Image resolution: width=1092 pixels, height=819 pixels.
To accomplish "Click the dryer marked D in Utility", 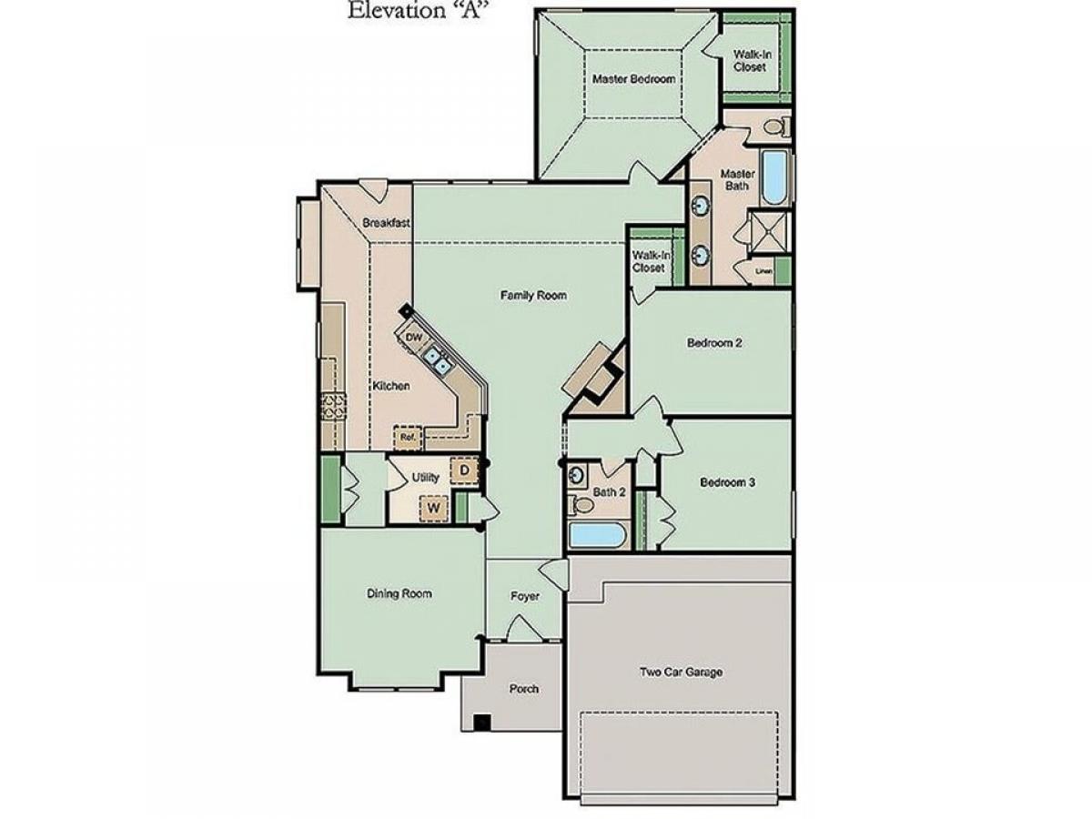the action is pos(464,470).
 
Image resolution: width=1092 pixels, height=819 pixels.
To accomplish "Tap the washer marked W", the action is pos(433,508).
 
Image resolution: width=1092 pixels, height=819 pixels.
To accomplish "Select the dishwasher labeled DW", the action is pos(412,338).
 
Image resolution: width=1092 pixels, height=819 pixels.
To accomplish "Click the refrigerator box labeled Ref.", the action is pos(408,438).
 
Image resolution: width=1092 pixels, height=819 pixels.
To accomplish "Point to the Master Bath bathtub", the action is pos(774,177).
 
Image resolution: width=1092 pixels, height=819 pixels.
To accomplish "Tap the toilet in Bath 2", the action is pos(581,505).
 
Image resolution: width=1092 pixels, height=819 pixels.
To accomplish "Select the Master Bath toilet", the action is pos(776,126).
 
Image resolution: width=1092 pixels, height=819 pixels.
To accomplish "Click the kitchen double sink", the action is pos(438,361).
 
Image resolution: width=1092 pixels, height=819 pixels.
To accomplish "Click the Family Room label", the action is pos(533,296).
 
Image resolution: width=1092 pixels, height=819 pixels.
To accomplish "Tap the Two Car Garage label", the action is pos(681,672).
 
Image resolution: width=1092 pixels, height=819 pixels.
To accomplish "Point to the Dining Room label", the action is pos(399,593).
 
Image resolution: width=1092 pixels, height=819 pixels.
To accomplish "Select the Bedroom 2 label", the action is pos(714,343).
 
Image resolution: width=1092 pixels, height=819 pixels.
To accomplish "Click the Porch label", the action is pos(523,689).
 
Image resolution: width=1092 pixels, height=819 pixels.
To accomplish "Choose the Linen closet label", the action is pos(763,271).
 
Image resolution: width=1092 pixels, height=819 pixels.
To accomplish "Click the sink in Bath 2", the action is pos(578,473).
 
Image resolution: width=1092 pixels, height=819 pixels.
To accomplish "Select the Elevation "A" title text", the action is pos(414,10).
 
